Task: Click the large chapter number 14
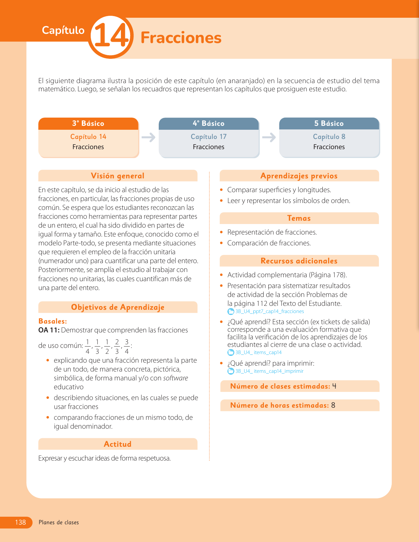point(111,36)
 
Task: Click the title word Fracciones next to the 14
point(181,38)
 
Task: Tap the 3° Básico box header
point(88,124)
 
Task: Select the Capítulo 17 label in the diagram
point(209,137)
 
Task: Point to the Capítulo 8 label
point(329,137)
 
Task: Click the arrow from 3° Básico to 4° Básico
point(149,137)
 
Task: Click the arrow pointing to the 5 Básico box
point(269,137)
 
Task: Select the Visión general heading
point(118,176)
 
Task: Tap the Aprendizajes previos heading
point(299,176)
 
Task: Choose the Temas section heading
point(299,218)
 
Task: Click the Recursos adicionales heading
point(299,261)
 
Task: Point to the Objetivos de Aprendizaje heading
point(118,307)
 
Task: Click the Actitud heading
point(118,444)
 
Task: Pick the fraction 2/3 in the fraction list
point(117,347)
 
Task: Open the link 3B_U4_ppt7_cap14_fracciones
point(269,311)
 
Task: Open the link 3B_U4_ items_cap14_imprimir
point(269,371)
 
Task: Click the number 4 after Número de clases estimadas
point(334,386)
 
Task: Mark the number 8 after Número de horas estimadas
point(333,405)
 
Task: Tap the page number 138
point(20,522)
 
